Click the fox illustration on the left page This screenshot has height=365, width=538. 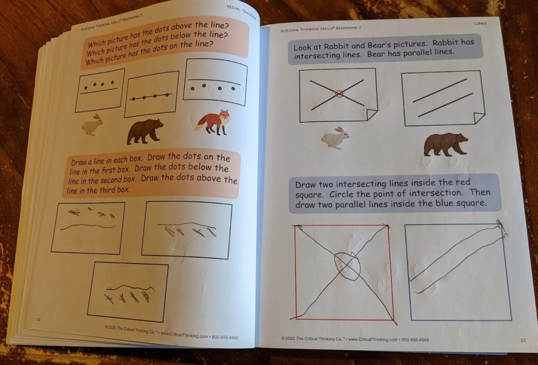point(213,122)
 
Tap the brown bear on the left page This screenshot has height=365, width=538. point(145,131)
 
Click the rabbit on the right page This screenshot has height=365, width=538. point(335,138)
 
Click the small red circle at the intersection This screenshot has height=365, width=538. point(339,94)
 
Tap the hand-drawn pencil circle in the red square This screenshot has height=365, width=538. point(347,267)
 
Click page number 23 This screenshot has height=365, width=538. point(523,340)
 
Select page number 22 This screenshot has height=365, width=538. point(38,320)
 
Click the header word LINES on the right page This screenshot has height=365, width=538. point(480,23)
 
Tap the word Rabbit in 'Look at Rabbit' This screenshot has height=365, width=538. point(347,46)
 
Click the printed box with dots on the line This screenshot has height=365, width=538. point(152,94)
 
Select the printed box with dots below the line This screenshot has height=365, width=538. point(215,82)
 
